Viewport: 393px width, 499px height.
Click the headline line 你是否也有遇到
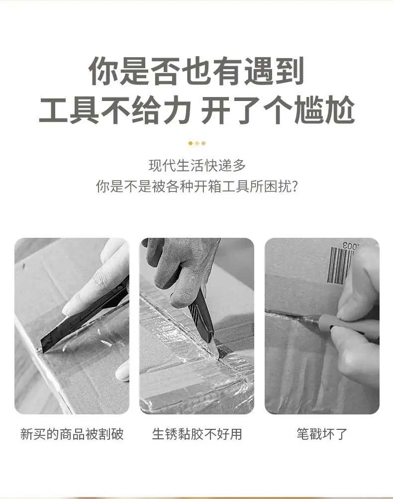[196, 71]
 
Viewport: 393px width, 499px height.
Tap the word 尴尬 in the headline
[324, 109]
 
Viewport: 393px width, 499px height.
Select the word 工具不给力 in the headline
[115, 109]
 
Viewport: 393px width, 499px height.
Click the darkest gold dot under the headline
[191, 143]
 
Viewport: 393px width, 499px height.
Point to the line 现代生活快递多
[197, 166]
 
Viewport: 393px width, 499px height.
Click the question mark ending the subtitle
[295, 186]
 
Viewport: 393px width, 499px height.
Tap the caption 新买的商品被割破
[72, 434]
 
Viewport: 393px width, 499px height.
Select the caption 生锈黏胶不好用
[197, 434]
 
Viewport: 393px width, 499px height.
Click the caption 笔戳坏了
[322, 434]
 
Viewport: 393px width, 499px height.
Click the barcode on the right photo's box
[340, 265]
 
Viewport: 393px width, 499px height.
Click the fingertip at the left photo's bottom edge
[122, 371]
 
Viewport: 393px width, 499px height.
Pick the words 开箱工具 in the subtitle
[221, 186]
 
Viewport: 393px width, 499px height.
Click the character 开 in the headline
[216, 109]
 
